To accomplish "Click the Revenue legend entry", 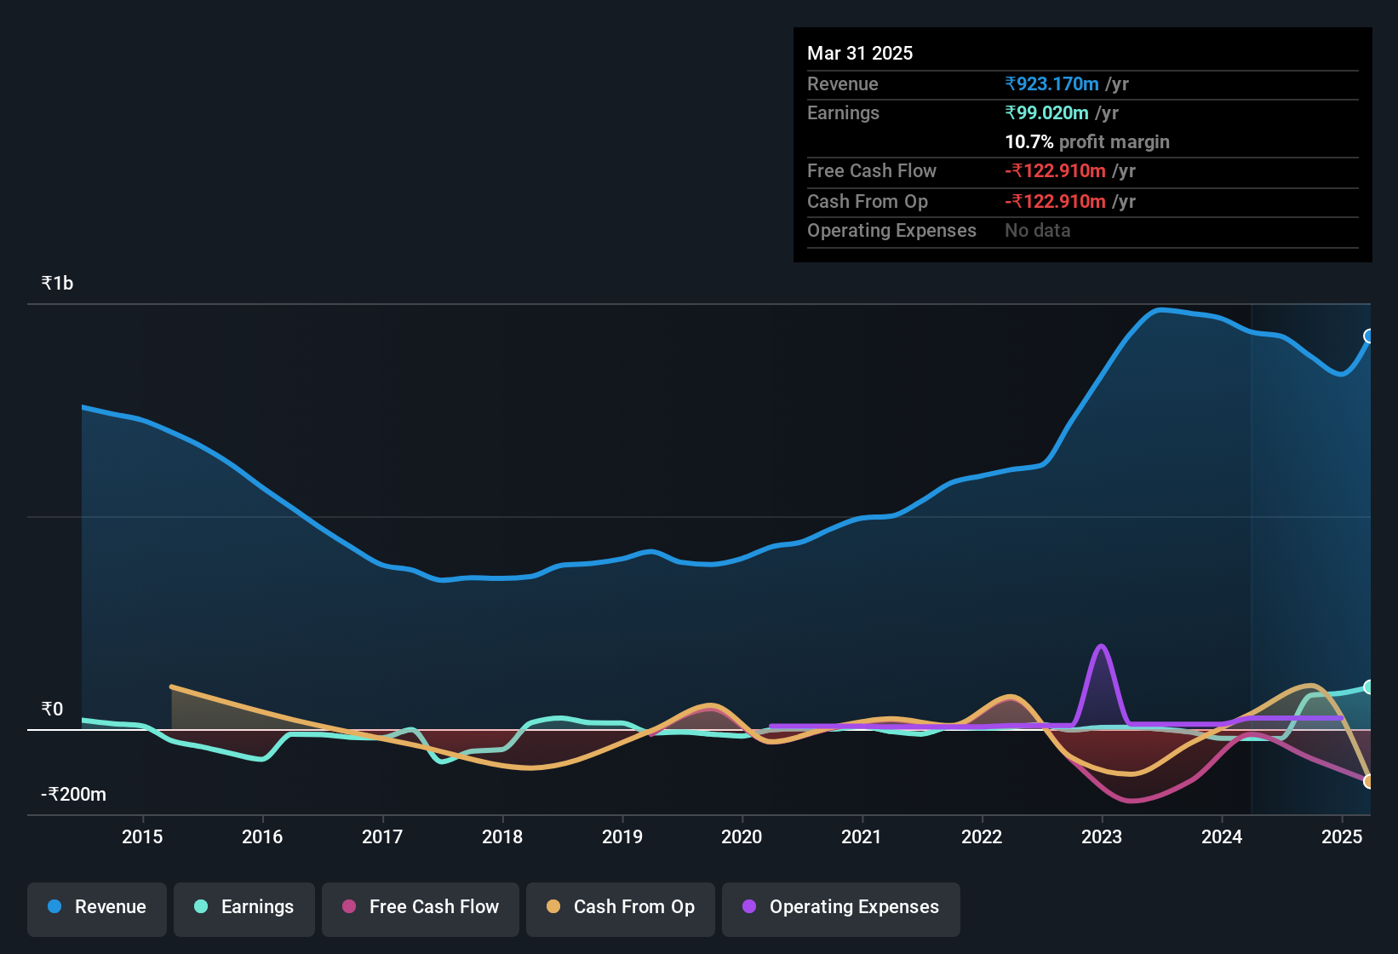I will (x=97, y=907).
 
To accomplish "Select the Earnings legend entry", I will (x=244, y=907).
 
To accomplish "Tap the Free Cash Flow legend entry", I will (x=421, y=907).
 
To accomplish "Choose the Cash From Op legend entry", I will (x=621, y=907).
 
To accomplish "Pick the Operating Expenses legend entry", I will (x=841, y=907).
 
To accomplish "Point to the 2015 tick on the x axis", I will (x=142, y=836).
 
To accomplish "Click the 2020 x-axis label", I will (x=742, y=836).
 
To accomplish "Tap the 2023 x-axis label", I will (x=1102, y=836).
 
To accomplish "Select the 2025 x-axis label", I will (x=1342, y=836).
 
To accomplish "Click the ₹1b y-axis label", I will (x=58, y=284).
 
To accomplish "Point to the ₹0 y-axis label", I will (x=53, y=710).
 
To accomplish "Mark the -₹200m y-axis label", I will (x=74, y=795).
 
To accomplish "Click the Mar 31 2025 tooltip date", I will (x=860, y=53).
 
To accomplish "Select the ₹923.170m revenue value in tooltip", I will (x=1052, y=83).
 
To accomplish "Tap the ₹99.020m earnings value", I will (x=1047, y=112).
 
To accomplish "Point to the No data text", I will (x=1038, y=230).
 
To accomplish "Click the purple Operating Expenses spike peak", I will (x=1102, y=646).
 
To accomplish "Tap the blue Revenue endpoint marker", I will (x=1369, y=336).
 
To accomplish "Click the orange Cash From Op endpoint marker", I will (x=1369, y=781).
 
